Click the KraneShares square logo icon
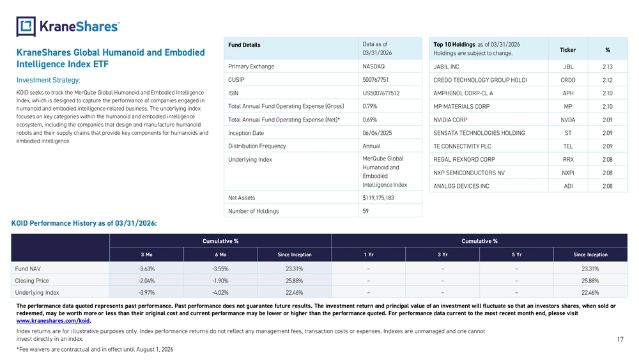click(26, 26)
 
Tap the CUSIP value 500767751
click(375, 80)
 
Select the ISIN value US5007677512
click(381, 93)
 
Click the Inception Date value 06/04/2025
click(376, 133)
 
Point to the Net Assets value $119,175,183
click(378, 198)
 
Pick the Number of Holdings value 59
click(366, 211)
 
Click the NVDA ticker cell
click(567, 120)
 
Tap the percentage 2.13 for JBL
click(607, 67)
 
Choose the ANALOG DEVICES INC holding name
click(461, 186)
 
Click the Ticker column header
click(567, 50)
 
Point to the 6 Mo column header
click(220, 254)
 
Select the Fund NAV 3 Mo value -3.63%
click(146, 269)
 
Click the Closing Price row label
click(32, 281)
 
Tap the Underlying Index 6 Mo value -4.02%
click(220, 293)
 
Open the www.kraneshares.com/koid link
click(53, 321)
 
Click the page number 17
click(620, 339)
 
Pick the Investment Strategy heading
click(48, 81)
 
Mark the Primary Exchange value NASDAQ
click(374, 67)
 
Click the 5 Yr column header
click(516, 254)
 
